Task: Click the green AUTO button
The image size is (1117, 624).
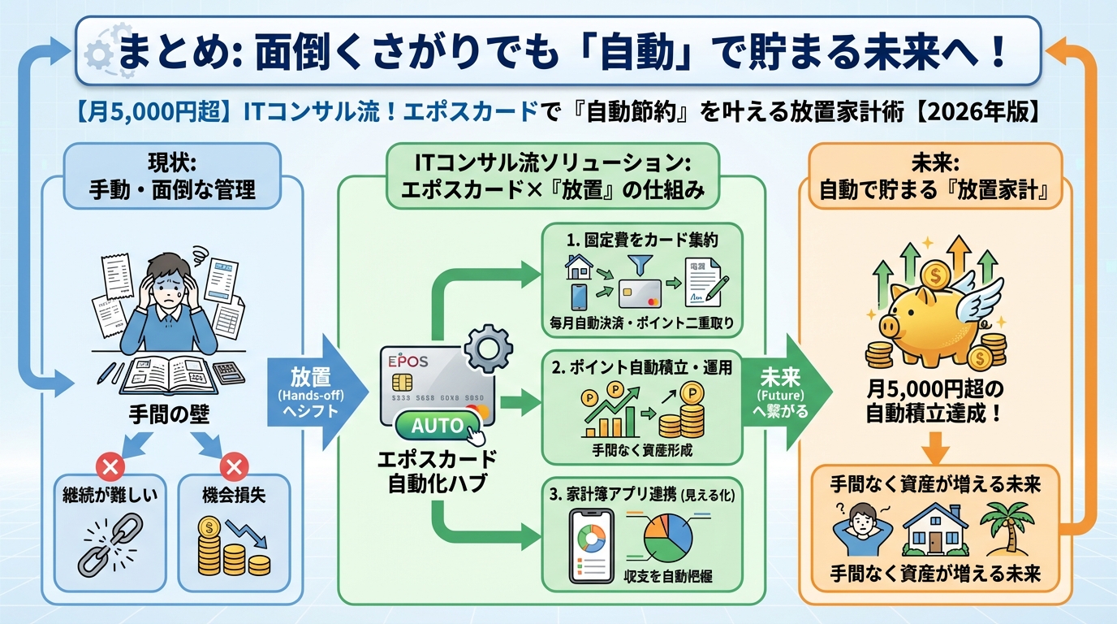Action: [x=438, y=425]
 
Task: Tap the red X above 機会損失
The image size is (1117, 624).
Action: [x=234, y=466]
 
